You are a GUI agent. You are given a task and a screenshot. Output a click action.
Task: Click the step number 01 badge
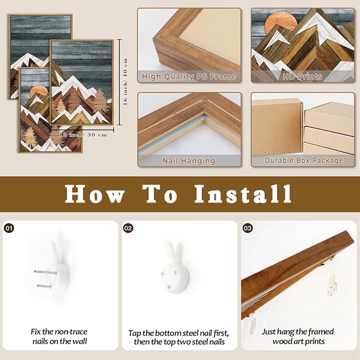pyautogui.click(x=9, y=228)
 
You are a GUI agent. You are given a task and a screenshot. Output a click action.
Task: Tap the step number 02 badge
pyautogui.click(x=128, y=228)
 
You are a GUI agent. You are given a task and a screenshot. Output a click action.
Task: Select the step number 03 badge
pyautogui.click(x=248, y=228)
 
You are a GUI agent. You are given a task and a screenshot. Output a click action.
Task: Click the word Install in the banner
pyautogui.click(x=243, y=194)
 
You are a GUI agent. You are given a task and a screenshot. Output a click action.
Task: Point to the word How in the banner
pyautogui.click(x=95, y=194)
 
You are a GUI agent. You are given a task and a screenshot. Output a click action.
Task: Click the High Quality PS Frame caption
pyautogui.click(x=189, y=76)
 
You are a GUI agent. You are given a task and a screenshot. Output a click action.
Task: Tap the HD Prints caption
pyautogui.click(x=302, y=76)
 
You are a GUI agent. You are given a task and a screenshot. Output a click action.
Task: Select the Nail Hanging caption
pyautogui.click(x=189, y=161)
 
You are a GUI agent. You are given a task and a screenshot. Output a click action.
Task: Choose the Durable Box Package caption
pyautogui.click(x=304, y=160)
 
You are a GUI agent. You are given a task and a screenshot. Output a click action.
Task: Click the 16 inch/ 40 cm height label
pyautogui.click(x=125, y=82)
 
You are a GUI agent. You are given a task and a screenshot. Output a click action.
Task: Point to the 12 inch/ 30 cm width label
pyautogui.click(x=83, y=135)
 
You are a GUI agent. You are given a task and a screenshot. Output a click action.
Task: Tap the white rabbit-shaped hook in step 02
pyautogui.click(x=175, y=267)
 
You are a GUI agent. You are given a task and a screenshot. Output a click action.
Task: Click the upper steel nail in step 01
pyautogui.click(x=45, y=273)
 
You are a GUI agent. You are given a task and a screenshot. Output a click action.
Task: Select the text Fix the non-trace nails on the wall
pyautogui.click(x=59, y=336)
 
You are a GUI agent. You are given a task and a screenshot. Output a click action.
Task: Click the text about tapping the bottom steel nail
pyautogui.click(x=179, y=337)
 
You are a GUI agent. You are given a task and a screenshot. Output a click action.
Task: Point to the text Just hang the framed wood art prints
pyautogui.click(x=298, y=336)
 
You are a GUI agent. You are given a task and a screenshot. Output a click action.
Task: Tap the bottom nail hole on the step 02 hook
pyautogui.click(x=168, y=287)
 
